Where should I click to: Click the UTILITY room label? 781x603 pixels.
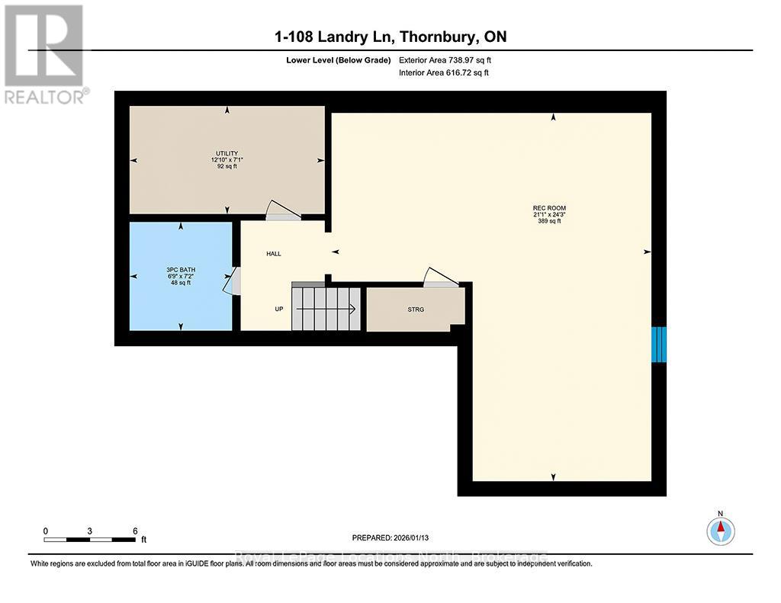[x=227, y=153]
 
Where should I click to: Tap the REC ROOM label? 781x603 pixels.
[x=549, y=208]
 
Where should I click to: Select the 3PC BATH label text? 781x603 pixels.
[x=178, y=270]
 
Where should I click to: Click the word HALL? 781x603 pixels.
[x=274, y=254]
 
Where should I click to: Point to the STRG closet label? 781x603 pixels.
[x=416, y=310]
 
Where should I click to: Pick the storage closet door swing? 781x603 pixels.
[x=442, y=278]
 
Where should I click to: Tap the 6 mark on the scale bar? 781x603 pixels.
[x=135, y=531]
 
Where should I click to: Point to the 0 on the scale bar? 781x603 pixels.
[x=46, y=531]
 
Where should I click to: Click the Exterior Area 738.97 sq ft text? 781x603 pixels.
[x=451, y=59]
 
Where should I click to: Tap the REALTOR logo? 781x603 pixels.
[x=44, y=53]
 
